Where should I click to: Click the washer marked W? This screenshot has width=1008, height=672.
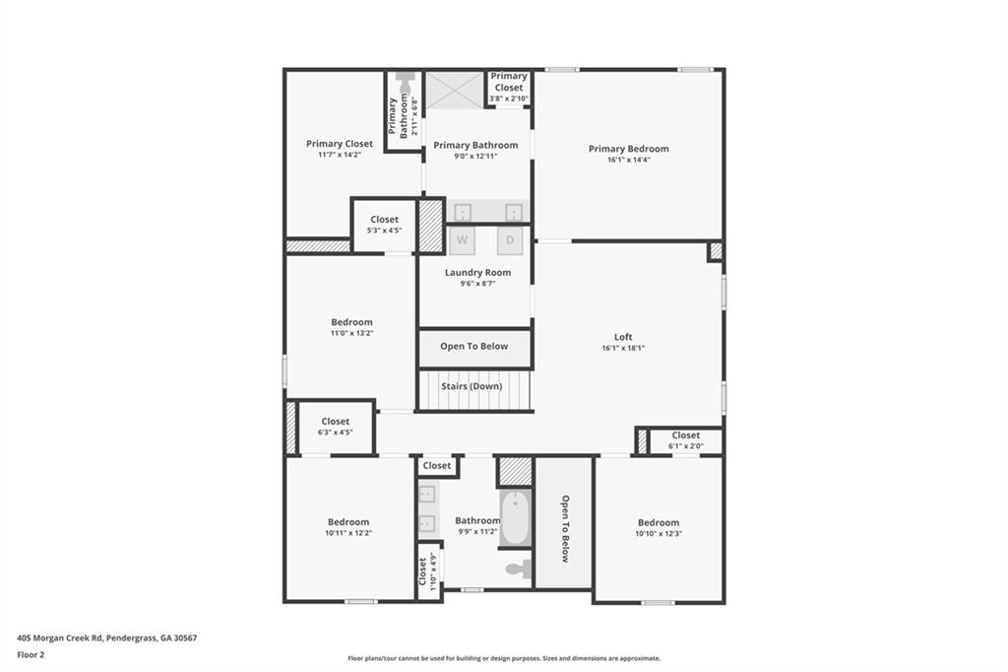coord(462,239)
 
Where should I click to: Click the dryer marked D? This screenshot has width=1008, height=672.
coord(510,239)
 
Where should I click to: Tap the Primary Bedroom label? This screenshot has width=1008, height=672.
coord(628,149)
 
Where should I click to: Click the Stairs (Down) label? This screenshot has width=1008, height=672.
coord(472,386)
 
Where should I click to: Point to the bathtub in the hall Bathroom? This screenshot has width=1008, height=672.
coord(515,518)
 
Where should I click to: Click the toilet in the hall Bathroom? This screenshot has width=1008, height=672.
coord(519,569)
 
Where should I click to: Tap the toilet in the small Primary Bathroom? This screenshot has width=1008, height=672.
coord(404,82)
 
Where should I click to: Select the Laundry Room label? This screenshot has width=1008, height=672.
coord(477,272)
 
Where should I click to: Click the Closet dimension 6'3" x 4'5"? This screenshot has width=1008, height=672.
coord(335,432)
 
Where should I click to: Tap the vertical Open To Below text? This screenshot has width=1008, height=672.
coord(565,528)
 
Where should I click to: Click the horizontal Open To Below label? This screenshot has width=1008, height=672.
coord(474,347)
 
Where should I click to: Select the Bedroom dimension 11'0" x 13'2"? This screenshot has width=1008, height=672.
coord(351,333)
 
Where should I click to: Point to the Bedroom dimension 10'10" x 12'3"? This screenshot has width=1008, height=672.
coord(658,533)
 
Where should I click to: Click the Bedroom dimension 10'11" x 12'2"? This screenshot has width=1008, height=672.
coord(348,533)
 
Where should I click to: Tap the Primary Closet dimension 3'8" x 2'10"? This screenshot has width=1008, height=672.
coord(509,99)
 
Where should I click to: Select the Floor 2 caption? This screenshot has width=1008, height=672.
coord(31,654)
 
